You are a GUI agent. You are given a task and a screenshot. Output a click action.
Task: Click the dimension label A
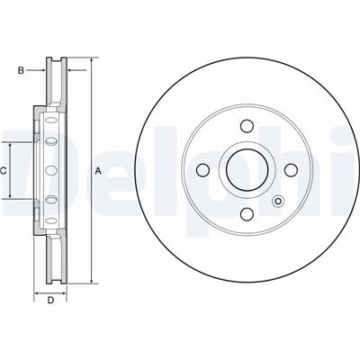point(98,171)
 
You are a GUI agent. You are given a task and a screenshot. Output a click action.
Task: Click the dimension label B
point(21,70)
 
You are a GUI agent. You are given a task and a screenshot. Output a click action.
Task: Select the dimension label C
point(3,171)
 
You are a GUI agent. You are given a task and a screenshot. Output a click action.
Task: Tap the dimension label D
point(50,300)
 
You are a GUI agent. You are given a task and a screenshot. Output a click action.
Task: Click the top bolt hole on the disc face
point(247,126)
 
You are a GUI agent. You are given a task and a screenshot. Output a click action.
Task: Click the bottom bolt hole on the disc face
point(247,214)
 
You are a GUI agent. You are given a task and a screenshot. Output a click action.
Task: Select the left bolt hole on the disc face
point(202,170)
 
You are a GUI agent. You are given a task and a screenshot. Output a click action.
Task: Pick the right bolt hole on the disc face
point(291,170)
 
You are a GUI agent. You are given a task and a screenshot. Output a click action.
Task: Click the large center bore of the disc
point(247,170)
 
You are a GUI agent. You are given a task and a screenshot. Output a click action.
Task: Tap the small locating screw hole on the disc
point(278,202)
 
